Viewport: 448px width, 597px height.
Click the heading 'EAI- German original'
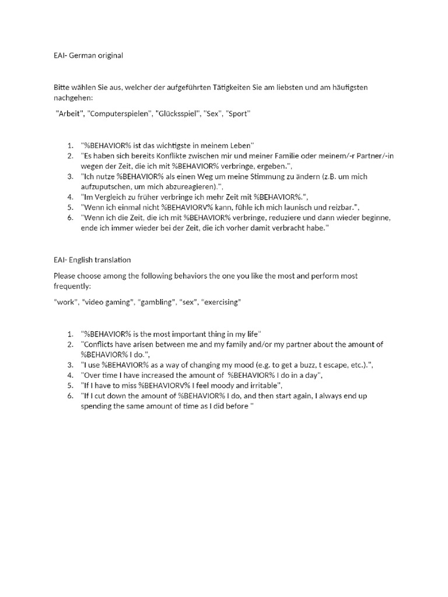coord(88,55)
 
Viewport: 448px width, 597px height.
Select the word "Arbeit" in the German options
coord(69,114)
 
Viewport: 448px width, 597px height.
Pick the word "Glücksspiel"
coord(177,114)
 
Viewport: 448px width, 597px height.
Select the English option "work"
coord(64,302)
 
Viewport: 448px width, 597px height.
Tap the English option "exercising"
coord(221,302)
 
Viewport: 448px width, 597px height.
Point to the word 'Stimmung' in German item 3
coord(264,176)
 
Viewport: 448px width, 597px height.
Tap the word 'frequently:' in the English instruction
coord(72,286)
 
